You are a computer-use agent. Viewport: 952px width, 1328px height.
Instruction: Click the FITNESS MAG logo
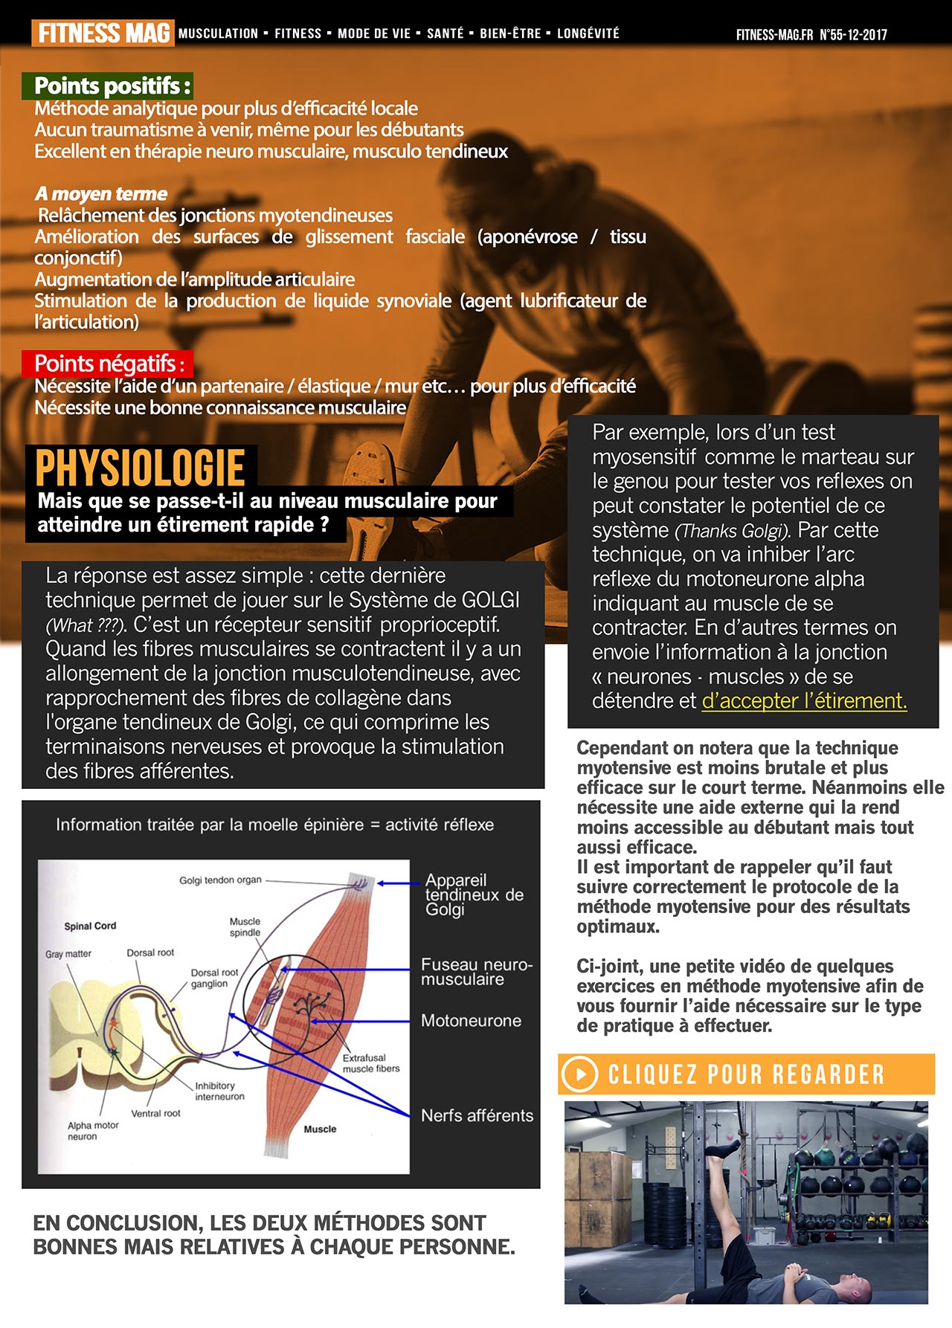103,33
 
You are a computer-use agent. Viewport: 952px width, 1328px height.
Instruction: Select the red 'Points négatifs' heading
108,364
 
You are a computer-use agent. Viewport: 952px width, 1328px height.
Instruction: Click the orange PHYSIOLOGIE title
141,468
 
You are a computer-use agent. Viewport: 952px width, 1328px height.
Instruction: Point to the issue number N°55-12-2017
853,34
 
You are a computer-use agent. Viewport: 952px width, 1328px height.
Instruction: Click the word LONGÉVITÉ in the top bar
588,33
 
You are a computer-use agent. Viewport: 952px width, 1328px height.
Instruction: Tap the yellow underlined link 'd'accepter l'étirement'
804,700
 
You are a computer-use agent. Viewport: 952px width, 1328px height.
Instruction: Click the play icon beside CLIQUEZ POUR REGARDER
579,1074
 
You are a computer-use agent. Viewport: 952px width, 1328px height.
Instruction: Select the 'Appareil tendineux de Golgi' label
474,895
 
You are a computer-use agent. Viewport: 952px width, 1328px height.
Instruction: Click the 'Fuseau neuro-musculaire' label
476,972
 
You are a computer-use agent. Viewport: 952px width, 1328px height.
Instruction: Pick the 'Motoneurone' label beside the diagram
471,1021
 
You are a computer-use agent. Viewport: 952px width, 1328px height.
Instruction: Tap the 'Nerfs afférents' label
477,1115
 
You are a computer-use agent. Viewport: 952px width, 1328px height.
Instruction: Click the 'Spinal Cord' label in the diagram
90,926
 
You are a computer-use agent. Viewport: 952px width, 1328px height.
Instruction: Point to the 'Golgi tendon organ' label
220,880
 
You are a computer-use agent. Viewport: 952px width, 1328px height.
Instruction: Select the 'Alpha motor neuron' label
93,1131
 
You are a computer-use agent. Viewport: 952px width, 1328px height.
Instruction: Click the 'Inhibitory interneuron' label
219,1091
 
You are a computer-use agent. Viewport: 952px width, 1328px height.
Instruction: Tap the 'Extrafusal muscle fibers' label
370,1063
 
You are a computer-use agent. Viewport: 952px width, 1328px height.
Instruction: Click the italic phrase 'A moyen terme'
101,194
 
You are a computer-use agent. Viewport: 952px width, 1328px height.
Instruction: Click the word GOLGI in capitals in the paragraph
490,600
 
